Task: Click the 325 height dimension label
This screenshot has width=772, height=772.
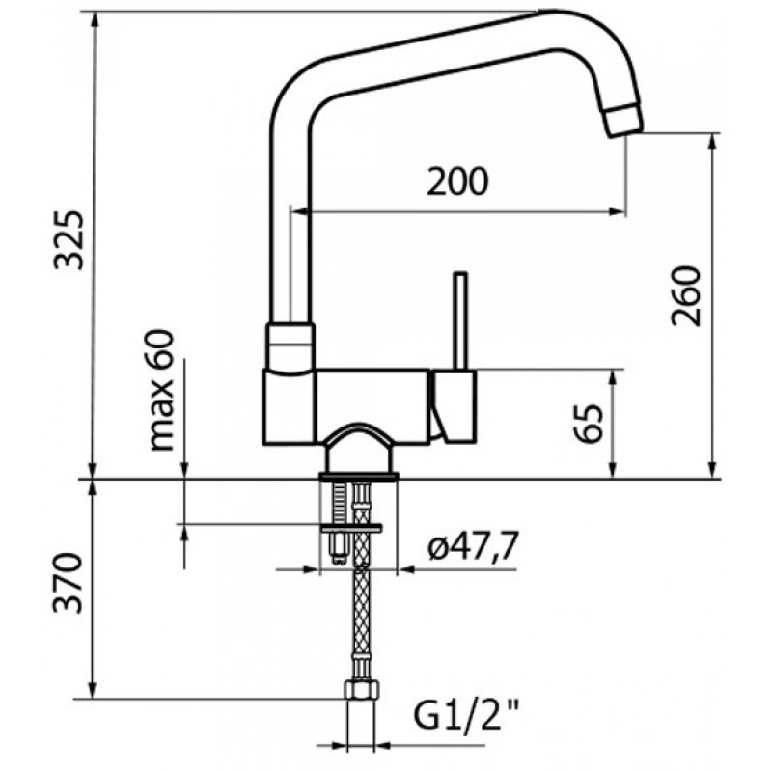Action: (69, 239)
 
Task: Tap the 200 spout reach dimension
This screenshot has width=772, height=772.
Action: (457, 181)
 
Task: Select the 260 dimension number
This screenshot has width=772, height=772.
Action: (685, 296)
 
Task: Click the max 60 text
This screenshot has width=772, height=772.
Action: (160, 390)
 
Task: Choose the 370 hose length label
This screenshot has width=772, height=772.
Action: (68, 584)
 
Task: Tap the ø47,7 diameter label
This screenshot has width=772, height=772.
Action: (473, 546)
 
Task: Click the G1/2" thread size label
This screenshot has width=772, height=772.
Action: (466, 716)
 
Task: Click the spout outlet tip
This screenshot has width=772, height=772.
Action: (623, 120)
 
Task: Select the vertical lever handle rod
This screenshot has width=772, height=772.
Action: (460, 320)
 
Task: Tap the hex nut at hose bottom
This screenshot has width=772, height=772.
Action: (361, 690)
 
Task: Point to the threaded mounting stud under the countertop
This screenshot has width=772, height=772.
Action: (339, 523)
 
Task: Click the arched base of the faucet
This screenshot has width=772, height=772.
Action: (358, 449)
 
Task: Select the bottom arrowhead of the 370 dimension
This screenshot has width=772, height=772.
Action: (93, 690)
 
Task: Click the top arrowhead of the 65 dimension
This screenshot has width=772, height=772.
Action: (613, 377)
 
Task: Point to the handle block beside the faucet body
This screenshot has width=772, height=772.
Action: (454, 405)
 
